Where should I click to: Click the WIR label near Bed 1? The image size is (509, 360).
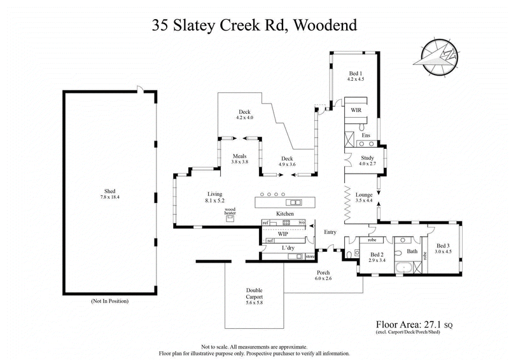(x=356, y=109)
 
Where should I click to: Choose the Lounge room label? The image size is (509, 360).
(x=363, y=195)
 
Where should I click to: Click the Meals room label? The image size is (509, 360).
(x=239, y=156)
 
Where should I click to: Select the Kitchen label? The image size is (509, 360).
(x=284, y=214)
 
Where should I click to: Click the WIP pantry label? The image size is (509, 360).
(x=283, y=233)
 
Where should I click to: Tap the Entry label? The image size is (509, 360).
(x=330, y=232)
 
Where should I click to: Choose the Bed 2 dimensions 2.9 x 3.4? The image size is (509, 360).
(x=377, y=260)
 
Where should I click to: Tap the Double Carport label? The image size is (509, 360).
(x=254, y=294)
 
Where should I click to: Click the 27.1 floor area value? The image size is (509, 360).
(x=440, y=324)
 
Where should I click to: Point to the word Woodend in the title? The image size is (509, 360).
(x=324, y=25)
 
